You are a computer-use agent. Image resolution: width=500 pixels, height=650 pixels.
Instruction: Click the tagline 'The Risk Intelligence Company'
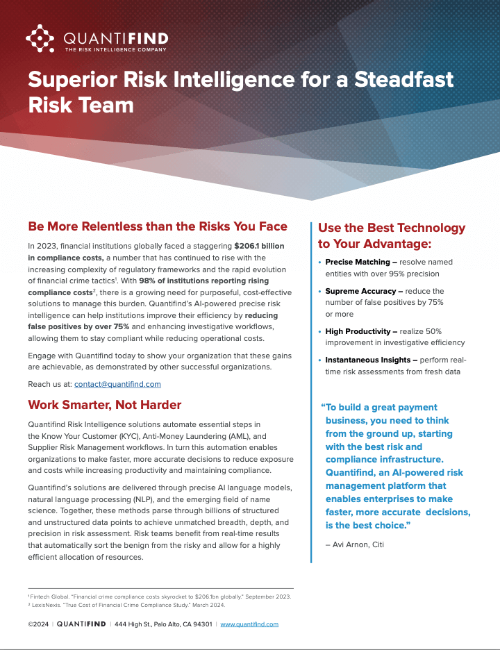pyautogui.click(x=116, y=49)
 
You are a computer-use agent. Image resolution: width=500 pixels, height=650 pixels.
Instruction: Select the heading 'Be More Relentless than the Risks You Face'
pyautogui.click(x=158, y=226)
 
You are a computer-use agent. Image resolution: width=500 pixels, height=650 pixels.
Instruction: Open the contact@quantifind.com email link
pyautogui.click(x=117, y=383)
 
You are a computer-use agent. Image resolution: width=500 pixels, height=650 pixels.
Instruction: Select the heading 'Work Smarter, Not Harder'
pyautogui.click(x=105, y=405)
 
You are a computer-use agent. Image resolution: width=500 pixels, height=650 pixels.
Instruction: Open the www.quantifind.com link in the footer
pyautogui.click(x=249, y=624)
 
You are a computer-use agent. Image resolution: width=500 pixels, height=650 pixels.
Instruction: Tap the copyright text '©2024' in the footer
pyautogui.click(x=38, y=624)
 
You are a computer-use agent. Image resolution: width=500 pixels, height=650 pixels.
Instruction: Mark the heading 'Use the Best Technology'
pyautogui.click(x=392, y=228)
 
